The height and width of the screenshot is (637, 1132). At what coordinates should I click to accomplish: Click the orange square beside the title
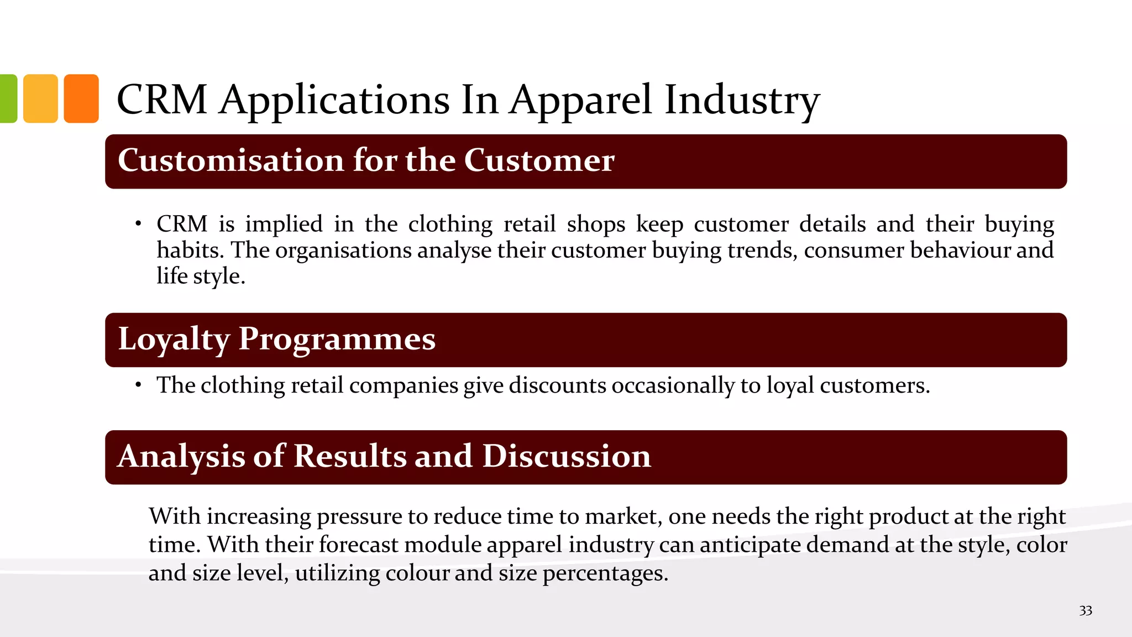click(x=81, y=98)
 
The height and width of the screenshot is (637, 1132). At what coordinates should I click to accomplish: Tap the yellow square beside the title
click(x=41, y=98)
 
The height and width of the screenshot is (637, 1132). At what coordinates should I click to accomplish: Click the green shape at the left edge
click(x=8, y=98)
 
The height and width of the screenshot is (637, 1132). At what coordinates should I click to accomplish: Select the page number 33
click(x=1085, y=610)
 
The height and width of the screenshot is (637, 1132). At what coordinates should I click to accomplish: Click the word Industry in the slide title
click(x=742, y=100)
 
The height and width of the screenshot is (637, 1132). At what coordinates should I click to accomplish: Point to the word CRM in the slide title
click(x=162, y=100)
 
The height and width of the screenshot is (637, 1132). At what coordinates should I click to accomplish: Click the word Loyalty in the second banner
click(x=174, y=339)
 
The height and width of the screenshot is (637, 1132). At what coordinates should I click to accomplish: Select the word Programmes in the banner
click(x=337, y=339)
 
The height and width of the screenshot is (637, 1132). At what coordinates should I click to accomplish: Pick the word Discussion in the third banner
click(x=567, y=456)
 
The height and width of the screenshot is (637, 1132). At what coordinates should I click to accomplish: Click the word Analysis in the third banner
click(x=181, y=456)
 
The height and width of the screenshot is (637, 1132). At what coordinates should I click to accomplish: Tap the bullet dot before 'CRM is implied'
click(x=138, y=224)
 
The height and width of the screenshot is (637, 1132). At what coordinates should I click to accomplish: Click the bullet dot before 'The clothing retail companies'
click(x=138, y=385)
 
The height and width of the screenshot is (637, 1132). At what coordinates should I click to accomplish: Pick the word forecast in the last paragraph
click(x=358, y=544)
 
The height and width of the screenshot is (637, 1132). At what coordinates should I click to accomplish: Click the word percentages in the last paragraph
click(x=605, y=573)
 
